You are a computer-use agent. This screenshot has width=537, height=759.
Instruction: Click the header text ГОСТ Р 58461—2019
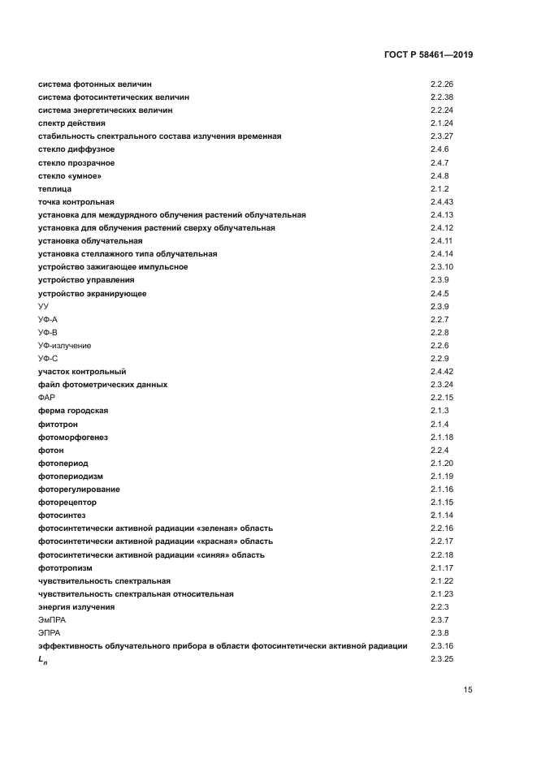(428, 55)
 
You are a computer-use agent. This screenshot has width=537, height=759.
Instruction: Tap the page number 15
(468, 690)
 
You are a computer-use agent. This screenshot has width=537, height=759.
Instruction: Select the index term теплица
(54, 188)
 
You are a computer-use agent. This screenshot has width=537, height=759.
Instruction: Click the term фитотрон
(58, 424)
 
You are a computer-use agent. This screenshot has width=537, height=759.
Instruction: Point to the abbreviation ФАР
(46, 398)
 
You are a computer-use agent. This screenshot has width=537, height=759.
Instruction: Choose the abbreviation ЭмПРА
(51, 619)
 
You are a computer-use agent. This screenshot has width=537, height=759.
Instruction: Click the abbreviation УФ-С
(48, 358)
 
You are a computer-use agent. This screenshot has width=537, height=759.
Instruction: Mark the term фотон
(50, 450)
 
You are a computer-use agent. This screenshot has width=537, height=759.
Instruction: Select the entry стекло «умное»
(70, 175)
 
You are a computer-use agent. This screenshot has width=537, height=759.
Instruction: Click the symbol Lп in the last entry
(43, 659)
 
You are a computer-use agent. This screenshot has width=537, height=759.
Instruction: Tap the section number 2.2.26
(441, 84)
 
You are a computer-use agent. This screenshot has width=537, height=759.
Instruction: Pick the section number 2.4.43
(441, 201)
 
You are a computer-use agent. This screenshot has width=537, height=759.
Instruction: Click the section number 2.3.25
(441, 658)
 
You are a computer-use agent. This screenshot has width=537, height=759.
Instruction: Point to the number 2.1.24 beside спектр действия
(441, 123)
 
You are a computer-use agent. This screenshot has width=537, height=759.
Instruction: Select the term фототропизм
(65, 567)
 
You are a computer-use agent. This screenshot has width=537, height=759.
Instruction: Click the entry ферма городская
(73, 411)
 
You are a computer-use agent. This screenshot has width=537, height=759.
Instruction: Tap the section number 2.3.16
(441, 645)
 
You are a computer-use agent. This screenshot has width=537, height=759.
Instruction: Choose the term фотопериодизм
(71, 476)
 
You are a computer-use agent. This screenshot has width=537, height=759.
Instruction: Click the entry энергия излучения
(76, 606)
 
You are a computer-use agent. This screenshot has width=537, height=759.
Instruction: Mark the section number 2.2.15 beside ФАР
(441, 398)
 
